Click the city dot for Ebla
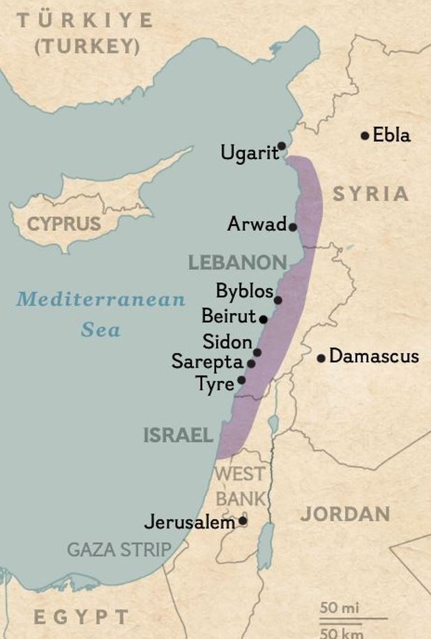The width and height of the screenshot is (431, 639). click(365, 135)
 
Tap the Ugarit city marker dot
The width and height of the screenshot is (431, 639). click(282, 146)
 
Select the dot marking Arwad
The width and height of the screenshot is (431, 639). click(293, 227)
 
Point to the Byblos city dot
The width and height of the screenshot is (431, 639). click(278, 300)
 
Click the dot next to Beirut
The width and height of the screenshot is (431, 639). click(264, 319)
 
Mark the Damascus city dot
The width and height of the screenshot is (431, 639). click(322, 359)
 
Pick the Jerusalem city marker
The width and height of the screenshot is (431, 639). click(243, 520)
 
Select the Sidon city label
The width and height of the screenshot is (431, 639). click(227, 342)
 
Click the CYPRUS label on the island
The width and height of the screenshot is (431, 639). click(64, 225)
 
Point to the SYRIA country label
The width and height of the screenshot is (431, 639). click(370, 194)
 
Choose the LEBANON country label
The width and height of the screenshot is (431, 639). click(238, 263)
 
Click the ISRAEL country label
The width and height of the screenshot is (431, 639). click(178, 436)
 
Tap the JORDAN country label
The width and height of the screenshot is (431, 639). click(345, 515)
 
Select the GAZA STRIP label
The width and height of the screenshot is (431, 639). click(119, 550)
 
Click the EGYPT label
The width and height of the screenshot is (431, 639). click(82, 617)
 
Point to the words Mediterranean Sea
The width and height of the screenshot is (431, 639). click(101, 314)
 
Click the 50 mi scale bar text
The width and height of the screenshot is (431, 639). click(340, 608)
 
